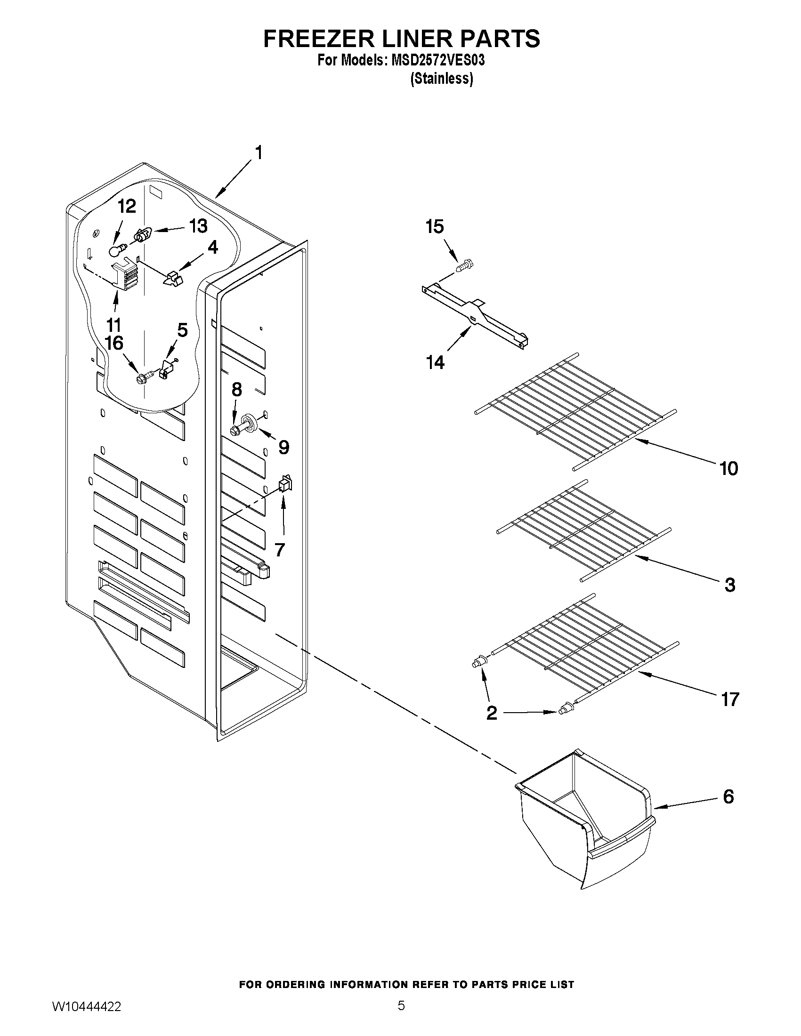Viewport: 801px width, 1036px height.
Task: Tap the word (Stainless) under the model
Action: tap(441, 79)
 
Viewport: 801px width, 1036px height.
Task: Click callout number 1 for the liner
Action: tap(259, 153)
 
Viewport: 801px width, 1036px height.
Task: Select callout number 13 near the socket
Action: tap(198, 226)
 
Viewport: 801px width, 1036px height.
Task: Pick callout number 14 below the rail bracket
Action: tap(435, 362)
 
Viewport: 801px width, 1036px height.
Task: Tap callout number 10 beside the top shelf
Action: tap(728, 468)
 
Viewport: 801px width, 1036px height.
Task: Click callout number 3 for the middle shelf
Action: tap(730, 585)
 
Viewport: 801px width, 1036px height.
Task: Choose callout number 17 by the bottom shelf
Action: tap(730, 699)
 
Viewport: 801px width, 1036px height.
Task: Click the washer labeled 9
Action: tap(249, 421)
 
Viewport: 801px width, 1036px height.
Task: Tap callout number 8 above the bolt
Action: tap(236, 389)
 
